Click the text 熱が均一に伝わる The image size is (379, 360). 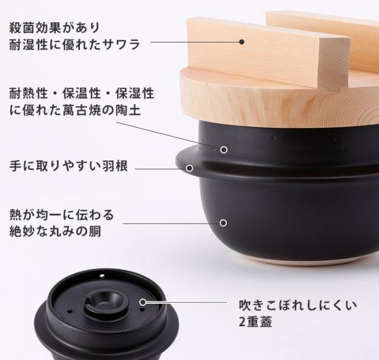[x=61, y=214]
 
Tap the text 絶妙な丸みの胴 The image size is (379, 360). [x=54, y=231]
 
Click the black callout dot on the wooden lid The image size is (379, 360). [x=242, y=41]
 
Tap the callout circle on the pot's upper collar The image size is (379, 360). [x=224, y=150]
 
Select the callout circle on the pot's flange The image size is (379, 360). [x=190, y=168]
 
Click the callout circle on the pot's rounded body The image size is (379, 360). [x=223, y=223]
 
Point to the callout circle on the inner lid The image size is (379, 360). [x=143, y=302]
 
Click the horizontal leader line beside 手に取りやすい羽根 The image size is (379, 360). [x=160, y=168]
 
